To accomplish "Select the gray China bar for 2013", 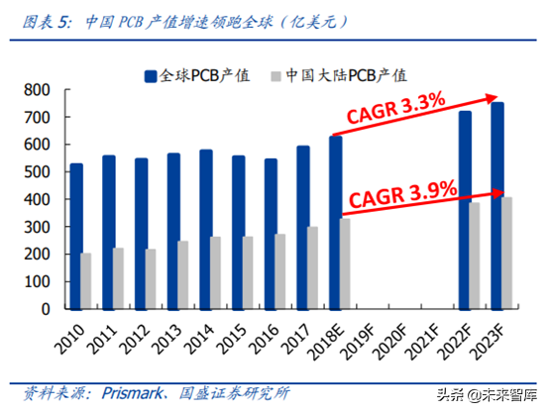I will tap(183, 274).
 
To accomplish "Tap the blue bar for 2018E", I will tap(335, 222).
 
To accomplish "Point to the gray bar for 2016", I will tap(279, 270).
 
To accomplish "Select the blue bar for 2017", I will tap(301, 227).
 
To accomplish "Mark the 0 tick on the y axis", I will tap(45, 308).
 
